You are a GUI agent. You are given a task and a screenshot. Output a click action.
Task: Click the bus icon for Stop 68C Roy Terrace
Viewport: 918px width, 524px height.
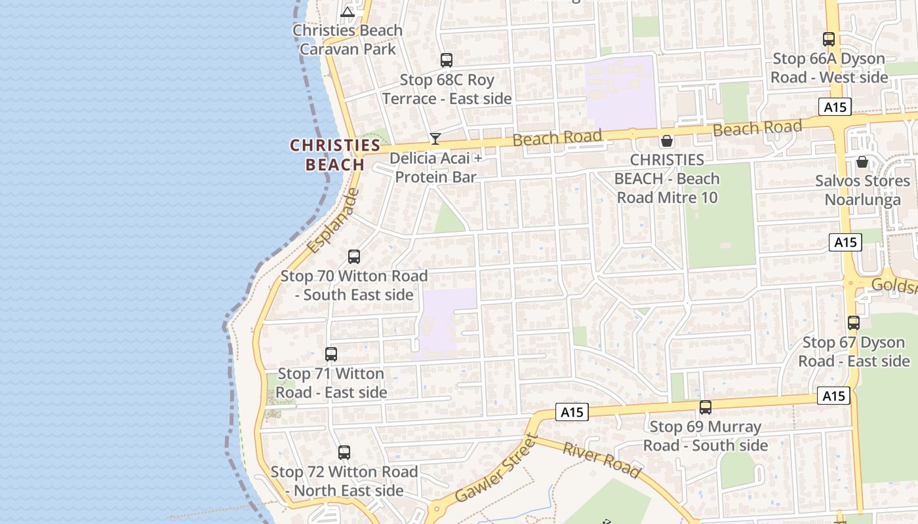(447, 60)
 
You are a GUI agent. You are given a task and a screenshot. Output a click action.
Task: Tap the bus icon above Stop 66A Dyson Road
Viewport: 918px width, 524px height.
(829, 39)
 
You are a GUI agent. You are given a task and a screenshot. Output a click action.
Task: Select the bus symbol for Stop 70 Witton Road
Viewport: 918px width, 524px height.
(354, 256)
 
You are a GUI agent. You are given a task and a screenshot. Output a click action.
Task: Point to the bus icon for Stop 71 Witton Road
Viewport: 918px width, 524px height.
(331, 354)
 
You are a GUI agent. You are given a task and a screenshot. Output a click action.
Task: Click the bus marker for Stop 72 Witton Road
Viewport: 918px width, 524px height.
(344, 452)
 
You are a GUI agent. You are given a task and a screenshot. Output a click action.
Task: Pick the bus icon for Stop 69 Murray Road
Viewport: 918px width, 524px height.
(706, 407)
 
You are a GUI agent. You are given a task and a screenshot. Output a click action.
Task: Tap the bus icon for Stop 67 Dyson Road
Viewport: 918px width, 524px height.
(854, 322)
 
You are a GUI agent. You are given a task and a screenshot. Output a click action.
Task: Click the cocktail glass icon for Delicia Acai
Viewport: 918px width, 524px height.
(435, 138)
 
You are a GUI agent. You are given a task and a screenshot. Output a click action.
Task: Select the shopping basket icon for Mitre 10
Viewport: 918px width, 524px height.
(667, 141)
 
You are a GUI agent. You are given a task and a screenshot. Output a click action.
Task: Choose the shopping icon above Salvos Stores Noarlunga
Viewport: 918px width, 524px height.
(862, 161)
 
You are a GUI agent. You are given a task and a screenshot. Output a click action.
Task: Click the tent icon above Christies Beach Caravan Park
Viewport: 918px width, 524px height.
(348, 11)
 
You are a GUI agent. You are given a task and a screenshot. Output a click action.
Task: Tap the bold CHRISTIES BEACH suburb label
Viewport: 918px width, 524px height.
(335, 155)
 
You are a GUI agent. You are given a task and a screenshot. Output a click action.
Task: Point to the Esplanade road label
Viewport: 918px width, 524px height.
(333, 221)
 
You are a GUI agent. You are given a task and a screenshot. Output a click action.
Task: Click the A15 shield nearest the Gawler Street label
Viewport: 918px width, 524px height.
(572, 412)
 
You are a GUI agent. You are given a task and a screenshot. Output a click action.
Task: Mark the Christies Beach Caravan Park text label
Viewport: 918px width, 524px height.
(348, 40)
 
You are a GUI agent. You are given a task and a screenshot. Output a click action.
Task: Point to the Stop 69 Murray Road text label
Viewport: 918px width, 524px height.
(706, 436)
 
